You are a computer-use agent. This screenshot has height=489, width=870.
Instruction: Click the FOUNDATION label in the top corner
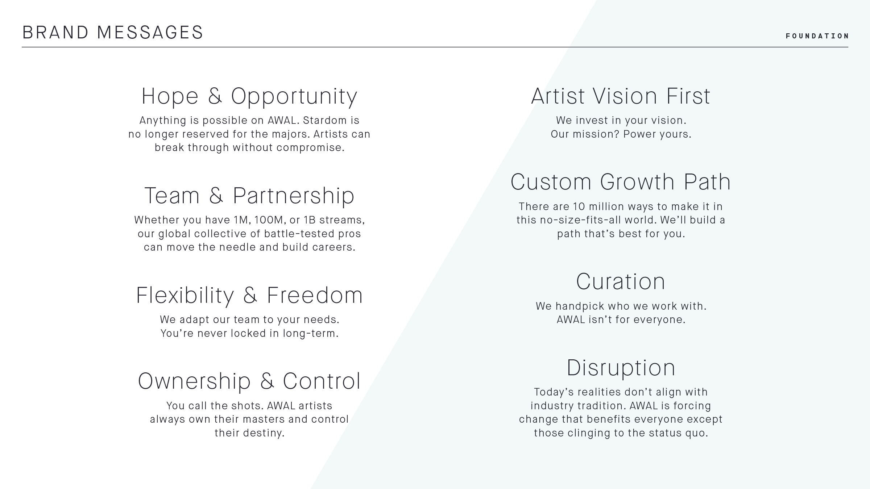(817, 36)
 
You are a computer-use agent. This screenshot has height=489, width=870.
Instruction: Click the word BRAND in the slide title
(55, 32)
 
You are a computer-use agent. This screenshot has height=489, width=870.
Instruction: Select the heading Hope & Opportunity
(249, 96)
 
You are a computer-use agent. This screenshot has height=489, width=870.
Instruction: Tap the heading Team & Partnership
(249, 196)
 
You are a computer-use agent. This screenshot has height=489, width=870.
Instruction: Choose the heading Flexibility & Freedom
(249, 295)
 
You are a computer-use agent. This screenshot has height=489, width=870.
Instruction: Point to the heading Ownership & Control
(249, 381)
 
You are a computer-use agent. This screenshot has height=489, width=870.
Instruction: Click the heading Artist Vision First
(621, 96)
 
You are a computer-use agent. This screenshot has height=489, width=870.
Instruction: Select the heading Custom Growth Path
(621, 182)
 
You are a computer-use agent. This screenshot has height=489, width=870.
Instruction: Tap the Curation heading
(621, 281)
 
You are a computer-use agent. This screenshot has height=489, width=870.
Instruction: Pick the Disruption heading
(621, 368)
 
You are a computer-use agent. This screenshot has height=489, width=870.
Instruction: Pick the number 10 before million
(579, 206)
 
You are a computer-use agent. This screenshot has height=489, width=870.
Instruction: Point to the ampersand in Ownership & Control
(267, 381)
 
